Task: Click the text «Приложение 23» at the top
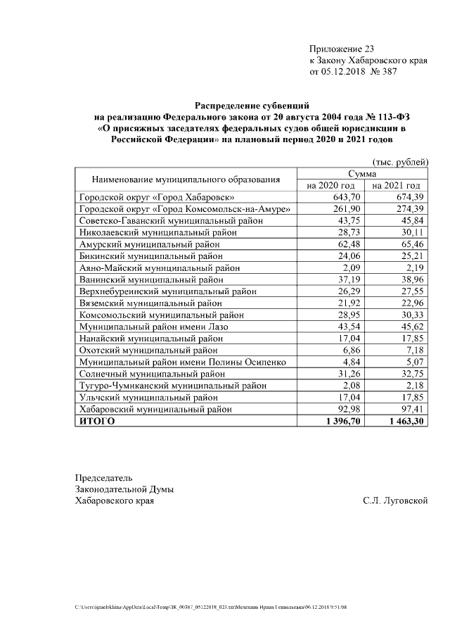342,49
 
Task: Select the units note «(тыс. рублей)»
400,162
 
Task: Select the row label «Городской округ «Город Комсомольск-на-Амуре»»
185,209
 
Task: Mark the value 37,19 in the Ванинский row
347,279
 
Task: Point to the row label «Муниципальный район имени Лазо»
153,327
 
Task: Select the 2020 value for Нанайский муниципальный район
347,338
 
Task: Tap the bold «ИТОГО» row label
97,421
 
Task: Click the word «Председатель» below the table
103,478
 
